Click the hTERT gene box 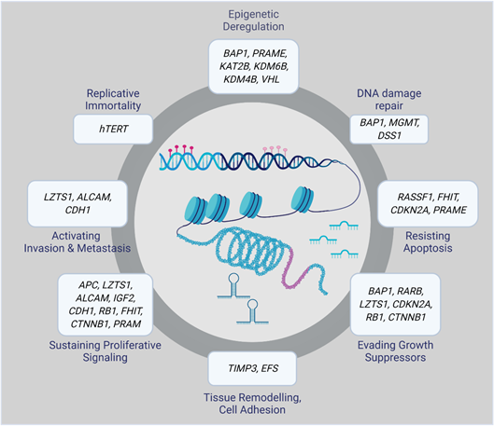113,129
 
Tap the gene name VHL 270,79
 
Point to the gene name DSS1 389,135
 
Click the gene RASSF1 416,197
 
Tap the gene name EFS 270,368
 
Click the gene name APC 89,285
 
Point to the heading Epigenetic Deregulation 254,21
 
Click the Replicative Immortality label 113,100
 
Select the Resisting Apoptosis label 428,241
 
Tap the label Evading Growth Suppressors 395,351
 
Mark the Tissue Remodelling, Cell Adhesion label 252,404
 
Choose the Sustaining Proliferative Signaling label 105,351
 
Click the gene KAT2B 234,66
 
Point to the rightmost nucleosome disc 303,199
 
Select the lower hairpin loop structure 252,312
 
